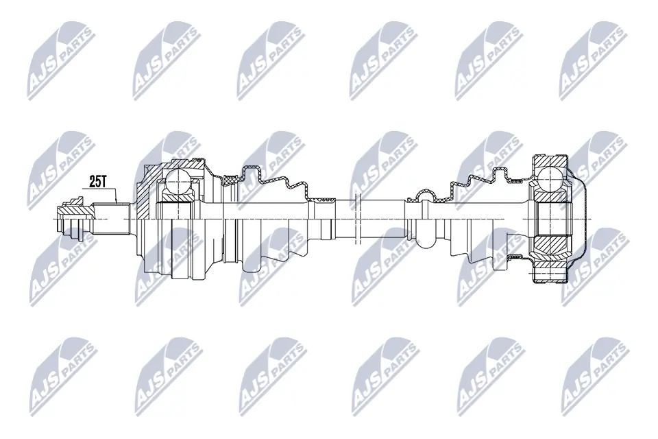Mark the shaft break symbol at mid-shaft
point(357,219)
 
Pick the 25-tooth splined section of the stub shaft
point(114,219)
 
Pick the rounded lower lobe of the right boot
point(425,240)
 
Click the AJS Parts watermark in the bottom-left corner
point(60,375)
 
